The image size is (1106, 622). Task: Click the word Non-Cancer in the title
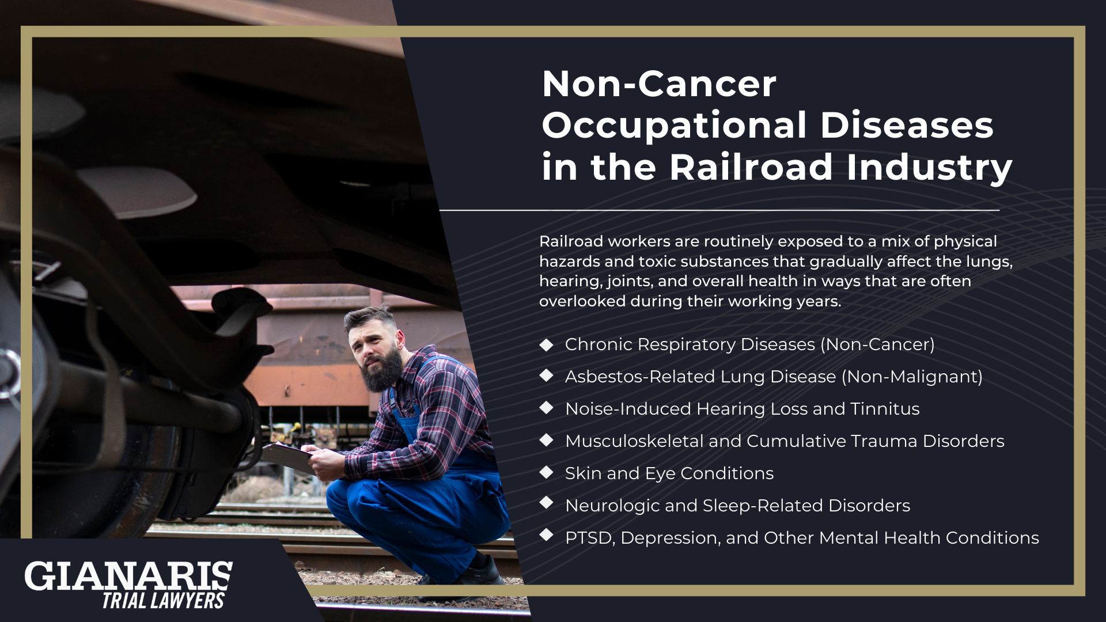659,84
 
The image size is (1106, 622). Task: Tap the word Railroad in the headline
751,168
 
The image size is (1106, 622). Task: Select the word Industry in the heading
929,168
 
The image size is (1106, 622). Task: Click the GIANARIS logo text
128,576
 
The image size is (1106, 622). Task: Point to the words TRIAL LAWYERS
163,601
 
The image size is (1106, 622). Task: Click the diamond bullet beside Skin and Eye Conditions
546,472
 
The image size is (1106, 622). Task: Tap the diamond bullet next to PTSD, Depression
546,535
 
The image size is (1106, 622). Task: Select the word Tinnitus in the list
885,409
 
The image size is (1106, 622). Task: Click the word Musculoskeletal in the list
634,441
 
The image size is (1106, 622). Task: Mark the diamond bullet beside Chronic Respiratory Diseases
546,344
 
